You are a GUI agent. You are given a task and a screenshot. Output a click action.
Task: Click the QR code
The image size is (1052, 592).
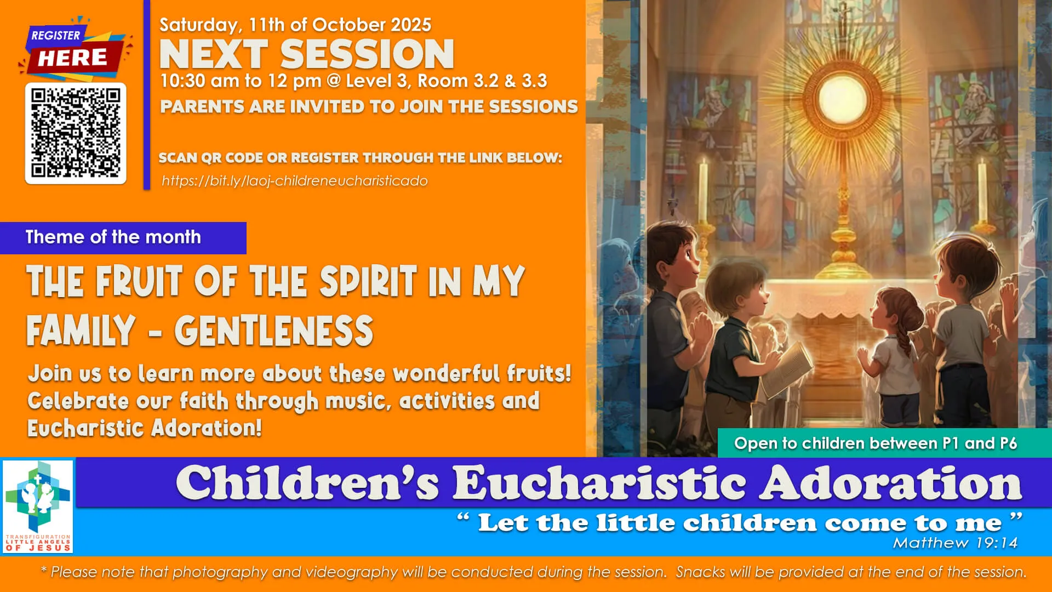(76, 133)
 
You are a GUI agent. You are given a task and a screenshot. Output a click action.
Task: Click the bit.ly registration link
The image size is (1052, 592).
(294, 181)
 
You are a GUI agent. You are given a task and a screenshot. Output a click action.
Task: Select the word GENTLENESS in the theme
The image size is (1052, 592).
(273, 331)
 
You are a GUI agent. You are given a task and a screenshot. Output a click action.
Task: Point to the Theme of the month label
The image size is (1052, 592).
(113, 237)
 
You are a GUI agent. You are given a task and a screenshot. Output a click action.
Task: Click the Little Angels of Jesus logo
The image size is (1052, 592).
(38, 506)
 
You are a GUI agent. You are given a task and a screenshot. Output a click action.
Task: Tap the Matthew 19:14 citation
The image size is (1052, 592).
(955, 543)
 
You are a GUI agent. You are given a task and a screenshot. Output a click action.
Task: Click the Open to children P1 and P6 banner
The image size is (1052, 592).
(875, 443)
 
